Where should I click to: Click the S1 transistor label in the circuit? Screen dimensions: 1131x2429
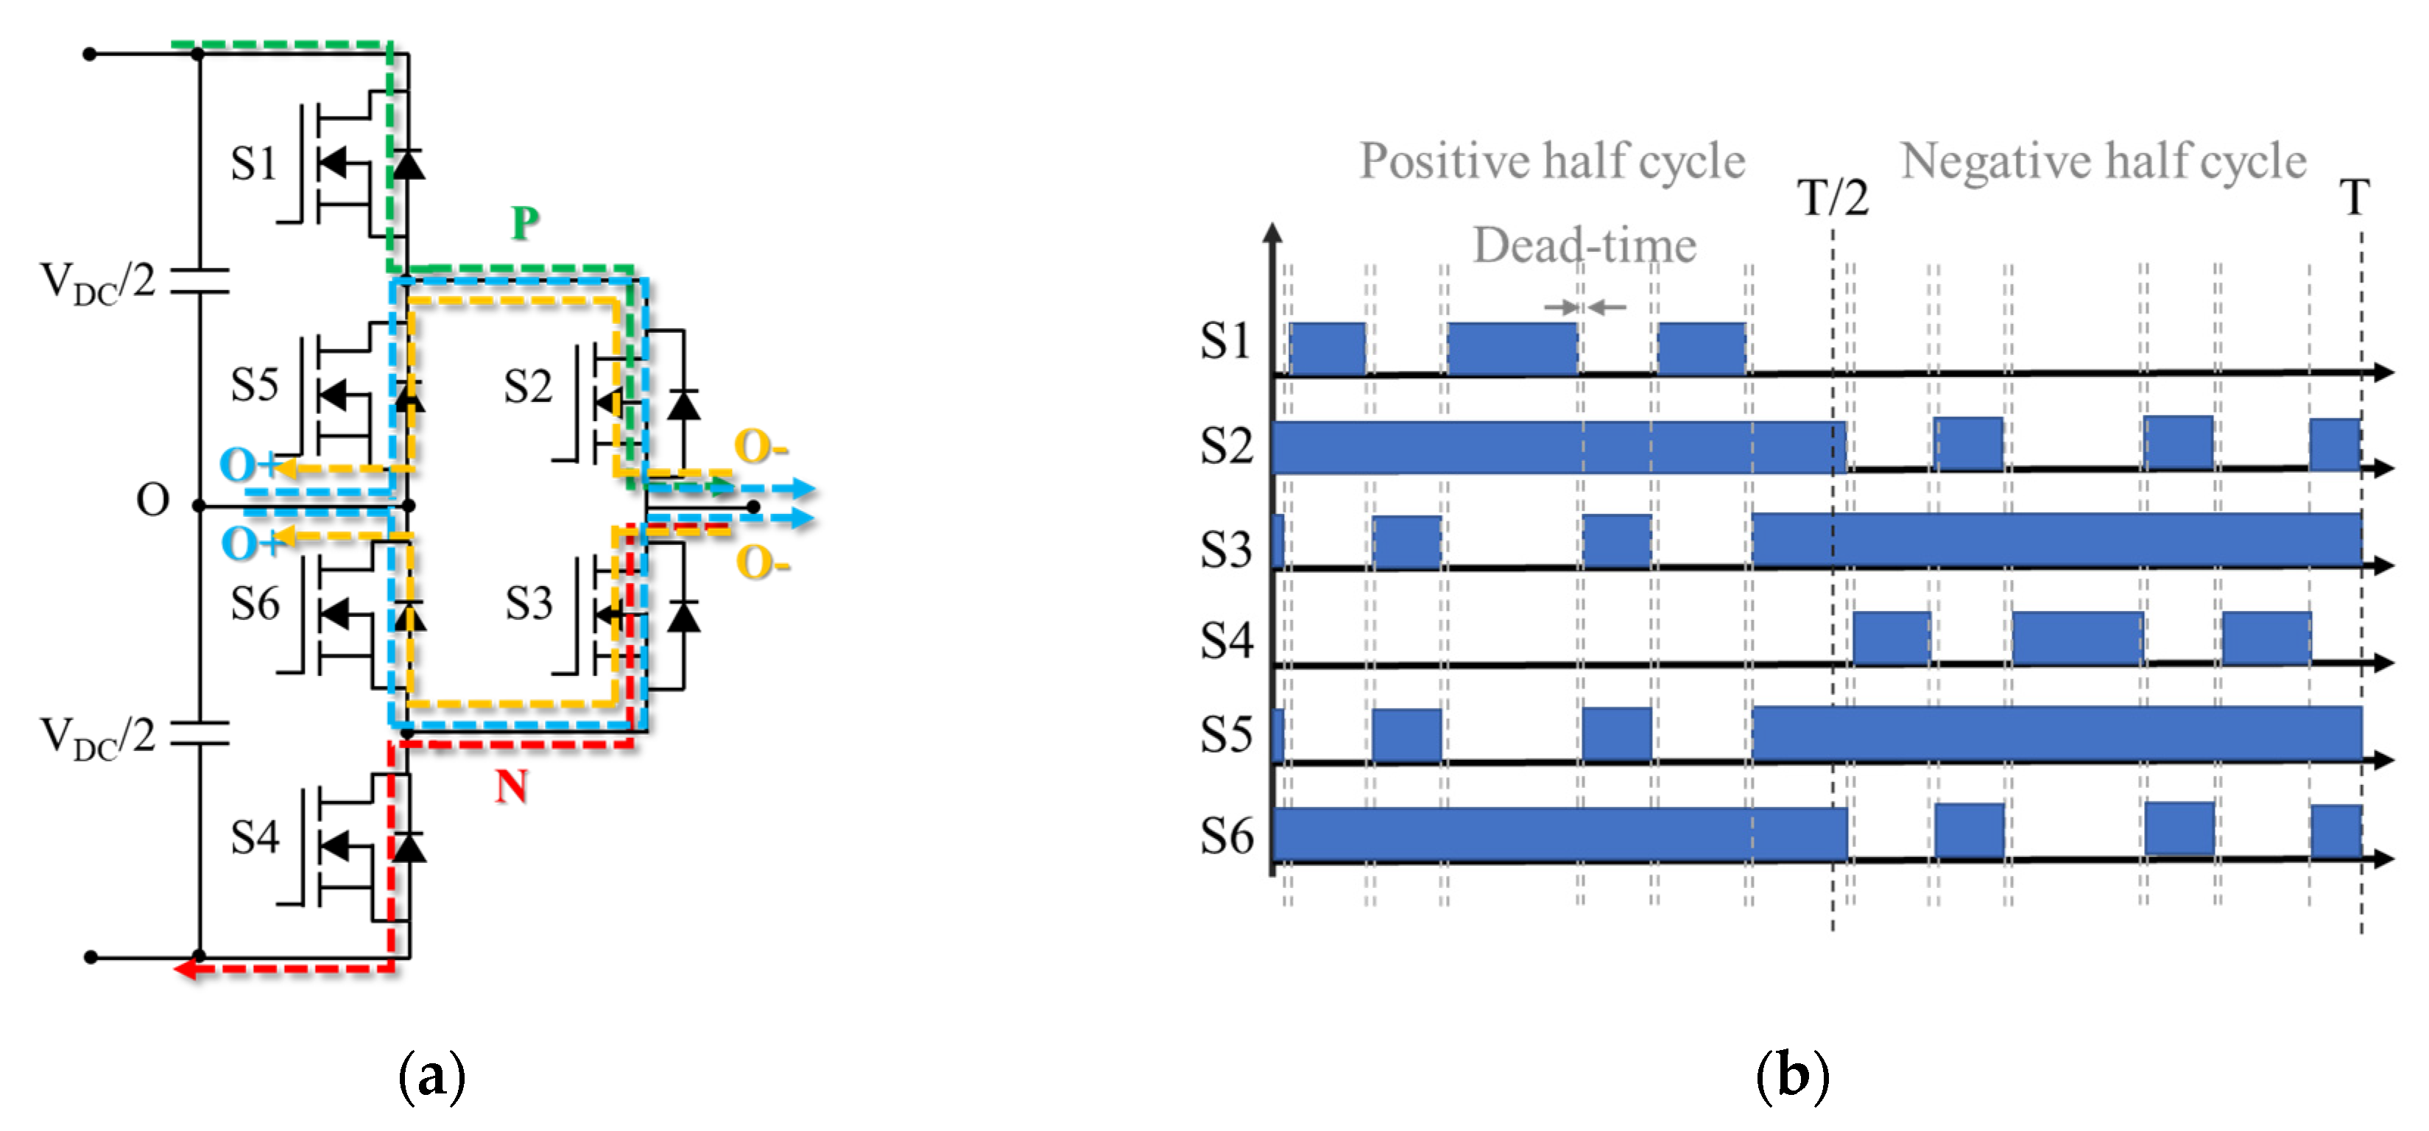click(x=253, y=164)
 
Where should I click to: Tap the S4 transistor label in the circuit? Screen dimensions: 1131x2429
click(x=255, y=836)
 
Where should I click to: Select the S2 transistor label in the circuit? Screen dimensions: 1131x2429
click(x=527, y=387)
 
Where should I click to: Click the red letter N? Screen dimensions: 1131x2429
click(x=511, y=786)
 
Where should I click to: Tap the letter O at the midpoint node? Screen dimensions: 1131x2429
click(x=152, y=500)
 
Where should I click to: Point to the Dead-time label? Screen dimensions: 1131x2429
click(x=1584, y=245)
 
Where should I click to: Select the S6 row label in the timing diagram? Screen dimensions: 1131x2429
click(x=1226, y=836)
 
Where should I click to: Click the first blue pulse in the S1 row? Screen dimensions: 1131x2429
click(x=1327, y=348)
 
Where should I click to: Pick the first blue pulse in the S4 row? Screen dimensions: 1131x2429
click(x=1891, y=638)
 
